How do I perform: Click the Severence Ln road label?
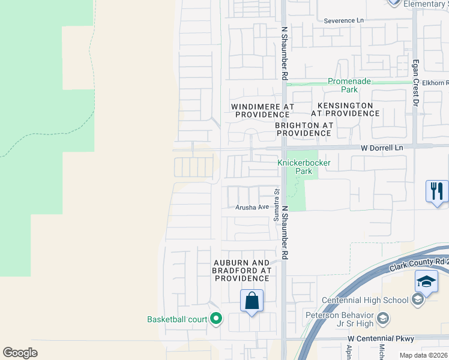coord(344,20)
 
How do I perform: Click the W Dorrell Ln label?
coord(382,147)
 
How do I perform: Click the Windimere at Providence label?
coord(262,110)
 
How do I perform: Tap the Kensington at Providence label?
coord(345,109)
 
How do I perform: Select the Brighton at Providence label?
coord(304,129)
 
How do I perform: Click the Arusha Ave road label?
coord(252,207)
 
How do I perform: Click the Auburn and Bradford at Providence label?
coord(243,271)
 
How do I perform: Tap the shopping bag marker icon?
coord(252,300)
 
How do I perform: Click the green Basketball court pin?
coord(215,319)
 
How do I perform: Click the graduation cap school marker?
coord(426,281)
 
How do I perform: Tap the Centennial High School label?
coord(365,300)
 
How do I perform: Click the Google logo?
coord(20,353)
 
